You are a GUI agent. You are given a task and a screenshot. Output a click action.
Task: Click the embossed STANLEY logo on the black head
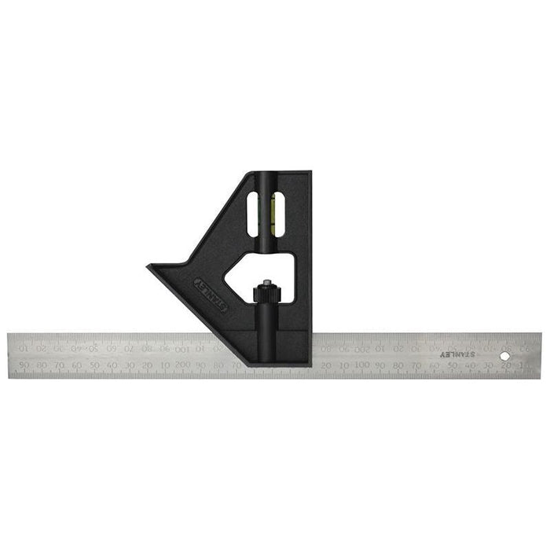(x=211, y=292)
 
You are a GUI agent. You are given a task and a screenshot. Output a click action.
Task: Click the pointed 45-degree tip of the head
(x=149, y=268)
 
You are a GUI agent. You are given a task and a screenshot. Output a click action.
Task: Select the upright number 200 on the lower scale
(x=182, y=365)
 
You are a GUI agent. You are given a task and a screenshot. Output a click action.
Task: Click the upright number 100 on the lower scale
(x=361, y=365)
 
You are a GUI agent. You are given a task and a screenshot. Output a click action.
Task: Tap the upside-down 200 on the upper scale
(x=362, y=346)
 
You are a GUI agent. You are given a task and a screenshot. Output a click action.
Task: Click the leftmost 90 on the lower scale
(x=25, y=365)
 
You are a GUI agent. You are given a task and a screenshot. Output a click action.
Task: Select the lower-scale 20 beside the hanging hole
(x=506, y=365)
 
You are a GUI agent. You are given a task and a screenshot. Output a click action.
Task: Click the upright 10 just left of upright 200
(x=165, y=365)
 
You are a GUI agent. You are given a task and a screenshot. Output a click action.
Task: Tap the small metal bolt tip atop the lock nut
(x=266, y=283)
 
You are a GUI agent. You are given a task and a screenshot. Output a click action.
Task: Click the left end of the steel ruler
(x=10, y=356)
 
